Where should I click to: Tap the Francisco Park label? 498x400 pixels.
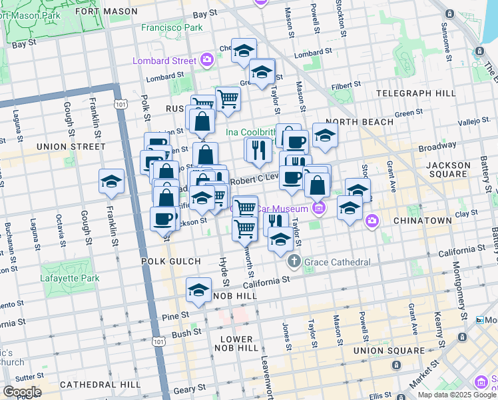point(172,28)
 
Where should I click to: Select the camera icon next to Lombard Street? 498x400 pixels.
point(207,60)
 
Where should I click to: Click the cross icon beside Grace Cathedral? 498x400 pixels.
point(295,262)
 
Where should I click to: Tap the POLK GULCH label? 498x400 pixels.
point(167,262)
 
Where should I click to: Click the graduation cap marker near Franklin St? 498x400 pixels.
point(111,181)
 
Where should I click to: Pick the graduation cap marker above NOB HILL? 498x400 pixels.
point(198,290)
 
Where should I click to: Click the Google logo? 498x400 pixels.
point(21,392)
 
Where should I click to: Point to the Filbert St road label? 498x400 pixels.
point(346,85)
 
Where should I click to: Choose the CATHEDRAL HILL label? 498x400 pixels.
point(100,385)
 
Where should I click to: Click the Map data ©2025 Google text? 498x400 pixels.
point(456,395)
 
